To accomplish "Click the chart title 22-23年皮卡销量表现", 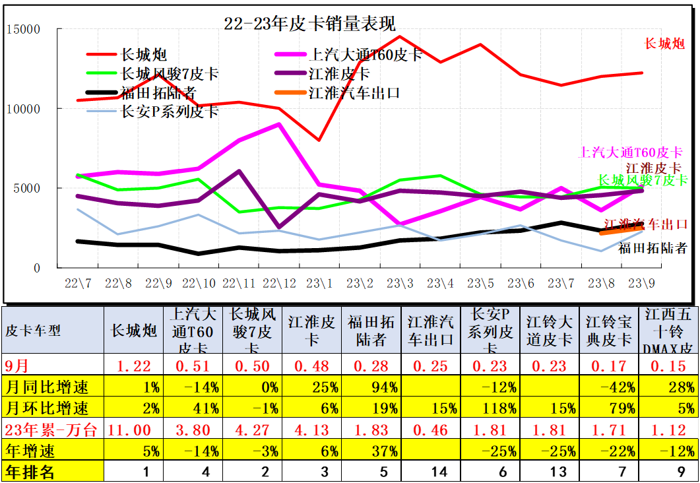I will (310, 24).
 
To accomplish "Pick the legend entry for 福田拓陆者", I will (158, 92).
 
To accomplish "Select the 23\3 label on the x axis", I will (400, 283).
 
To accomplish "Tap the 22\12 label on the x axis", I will (279, 283).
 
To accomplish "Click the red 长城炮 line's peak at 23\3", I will (400, 37).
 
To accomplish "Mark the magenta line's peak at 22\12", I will (279, 124).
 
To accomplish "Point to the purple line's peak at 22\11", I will (239, 171).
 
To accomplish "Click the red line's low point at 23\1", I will (319, 140).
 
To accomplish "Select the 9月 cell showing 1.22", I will (134, 366).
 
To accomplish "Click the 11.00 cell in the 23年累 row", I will (134, 430).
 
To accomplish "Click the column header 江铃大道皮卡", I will (549, 331).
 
